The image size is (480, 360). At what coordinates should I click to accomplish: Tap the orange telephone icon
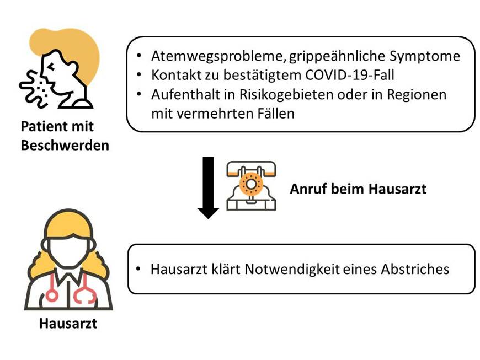251,186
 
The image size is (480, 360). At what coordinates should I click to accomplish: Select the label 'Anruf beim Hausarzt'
358,189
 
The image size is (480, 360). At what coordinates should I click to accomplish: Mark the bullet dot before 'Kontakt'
138,75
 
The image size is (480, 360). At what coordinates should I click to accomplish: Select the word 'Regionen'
419,94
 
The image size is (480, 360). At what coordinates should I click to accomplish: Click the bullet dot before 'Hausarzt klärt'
138,270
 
